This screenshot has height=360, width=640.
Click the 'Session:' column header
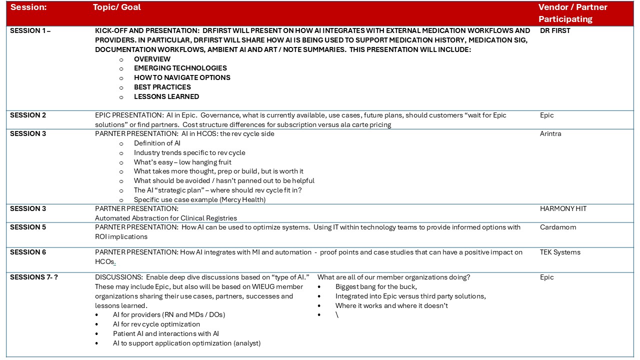point(28,7)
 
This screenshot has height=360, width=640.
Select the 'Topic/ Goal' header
point(117,7)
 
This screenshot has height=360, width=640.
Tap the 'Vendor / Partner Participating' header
point(572,13)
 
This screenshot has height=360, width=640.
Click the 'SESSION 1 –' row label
point(30,30)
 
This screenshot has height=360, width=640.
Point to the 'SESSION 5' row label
point(28,227)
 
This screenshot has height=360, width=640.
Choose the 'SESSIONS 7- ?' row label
point(34,277)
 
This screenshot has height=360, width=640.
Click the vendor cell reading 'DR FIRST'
point(555,30)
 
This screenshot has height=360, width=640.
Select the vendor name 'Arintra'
point(550,134)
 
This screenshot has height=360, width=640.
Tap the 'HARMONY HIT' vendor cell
point(563,209)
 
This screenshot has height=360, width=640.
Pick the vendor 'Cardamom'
point(558,227)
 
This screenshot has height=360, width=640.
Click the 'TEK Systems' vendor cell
point(560,252)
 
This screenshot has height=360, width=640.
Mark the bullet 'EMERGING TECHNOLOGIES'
point(180,68)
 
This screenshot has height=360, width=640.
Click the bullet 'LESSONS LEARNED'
point(166,97)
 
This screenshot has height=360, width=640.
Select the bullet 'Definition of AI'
point(157,143)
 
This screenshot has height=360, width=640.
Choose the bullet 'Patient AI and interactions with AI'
point(166,334)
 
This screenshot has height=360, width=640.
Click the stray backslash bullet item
point(337,315)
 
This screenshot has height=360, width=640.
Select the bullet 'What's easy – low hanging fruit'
point(182,162)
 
